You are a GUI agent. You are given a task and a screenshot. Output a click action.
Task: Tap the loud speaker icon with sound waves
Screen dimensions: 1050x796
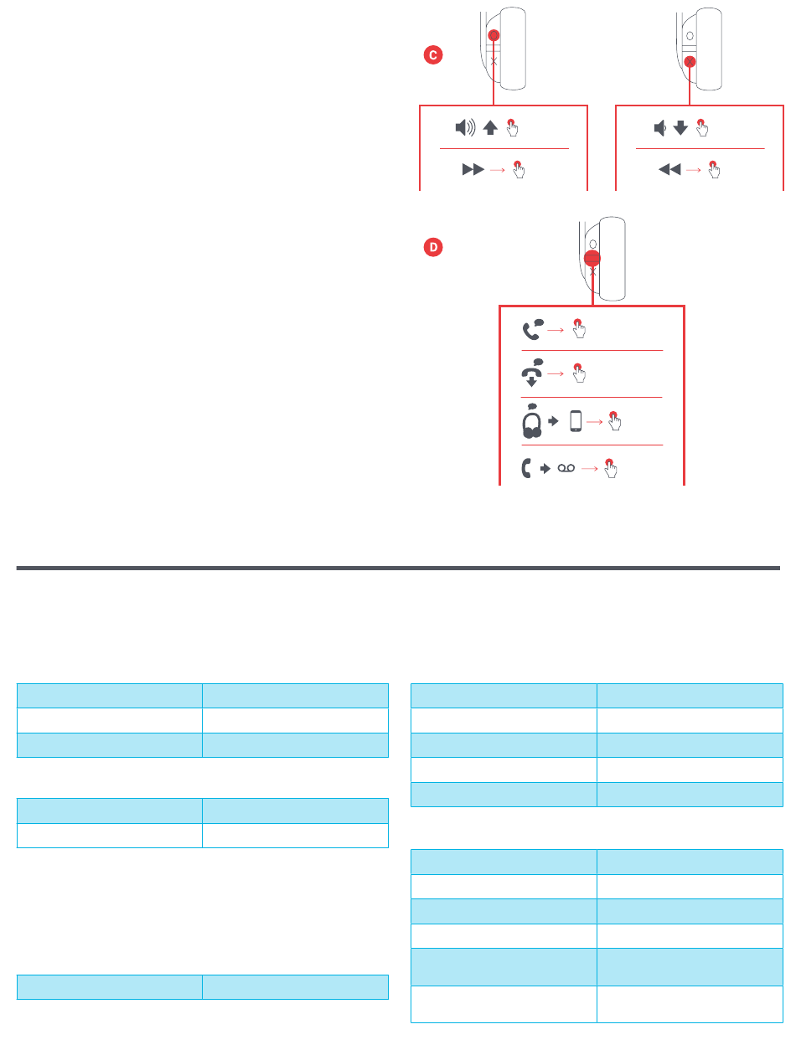coord(465,128)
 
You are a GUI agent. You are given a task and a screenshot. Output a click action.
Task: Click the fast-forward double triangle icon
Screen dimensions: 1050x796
coord(473,169)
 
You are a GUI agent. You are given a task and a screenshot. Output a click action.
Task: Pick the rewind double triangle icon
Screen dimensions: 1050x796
coord(669,169)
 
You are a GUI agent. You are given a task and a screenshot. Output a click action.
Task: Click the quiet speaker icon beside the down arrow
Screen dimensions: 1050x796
coord(659,128)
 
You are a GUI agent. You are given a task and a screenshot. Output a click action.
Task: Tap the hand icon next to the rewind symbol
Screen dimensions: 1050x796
coord(714,168)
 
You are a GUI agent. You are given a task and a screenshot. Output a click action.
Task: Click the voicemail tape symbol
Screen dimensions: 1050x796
coord(567,471)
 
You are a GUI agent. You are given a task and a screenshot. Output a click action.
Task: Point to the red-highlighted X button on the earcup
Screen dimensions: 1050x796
coord(689,62)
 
